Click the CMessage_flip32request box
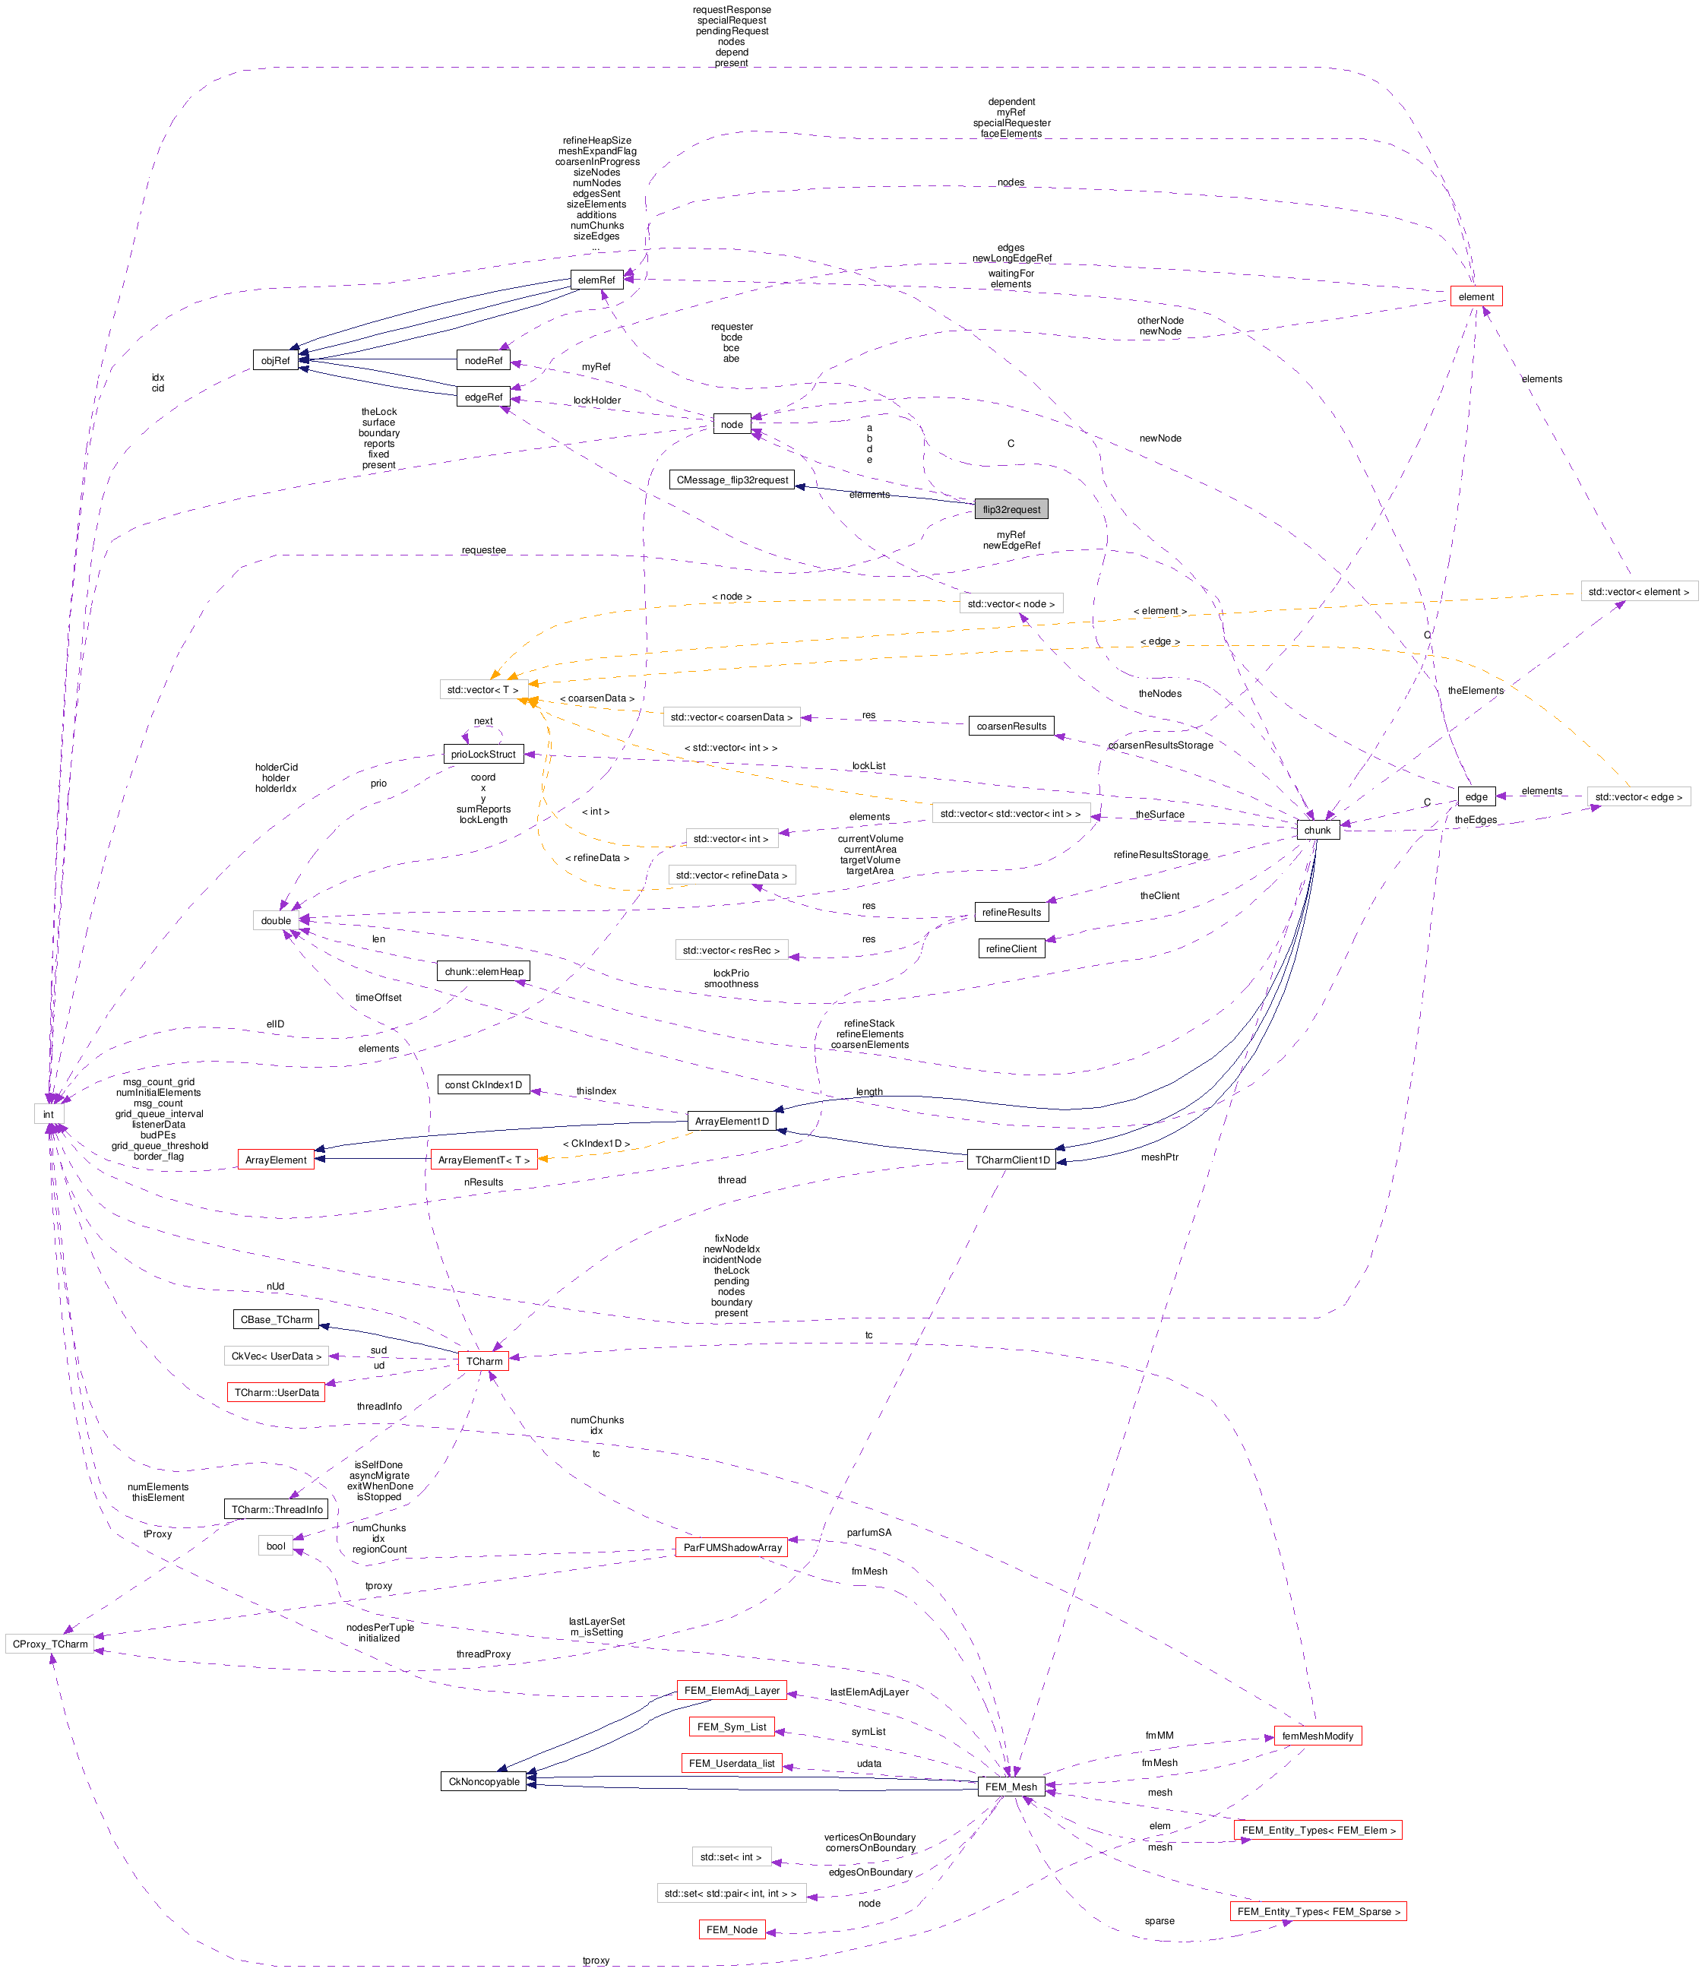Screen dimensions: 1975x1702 click(x=732, y=480)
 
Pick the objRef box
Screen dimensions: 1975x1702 click(x=275, y=360)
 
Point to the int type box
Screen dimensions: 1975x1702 click(x=49, y=1113)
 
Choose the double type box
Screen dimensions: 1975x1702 click(x=275, y=919)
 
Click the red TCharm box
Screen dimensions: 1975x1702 click(x=484, y=1360)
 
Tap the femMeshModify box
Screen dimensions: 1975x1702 click(x=1317, y=1736)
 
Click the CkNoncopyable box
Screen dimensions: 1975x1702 click(x=484, y=1781)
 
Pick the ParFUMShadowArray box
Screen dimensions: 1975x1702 click(x=732, y=1547)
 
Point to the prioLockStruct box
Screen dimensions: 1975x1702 click(x=483, y=754)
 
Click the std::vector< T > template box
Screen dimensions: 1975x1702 click(x=483, y=689)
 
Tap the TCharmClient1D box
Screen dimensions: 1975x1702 click(x=1011, y=1160)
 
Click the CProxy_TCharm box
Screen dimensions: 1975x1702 click(x=50, y=1643)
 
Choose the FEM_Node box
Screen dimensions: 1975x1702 click(x=731, y=1929)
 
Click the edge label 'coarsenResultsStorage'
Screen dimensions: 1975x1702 click(x=1159, y=745)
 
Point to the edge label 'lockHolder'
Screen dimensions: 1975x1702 click(x=596, y=400)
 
